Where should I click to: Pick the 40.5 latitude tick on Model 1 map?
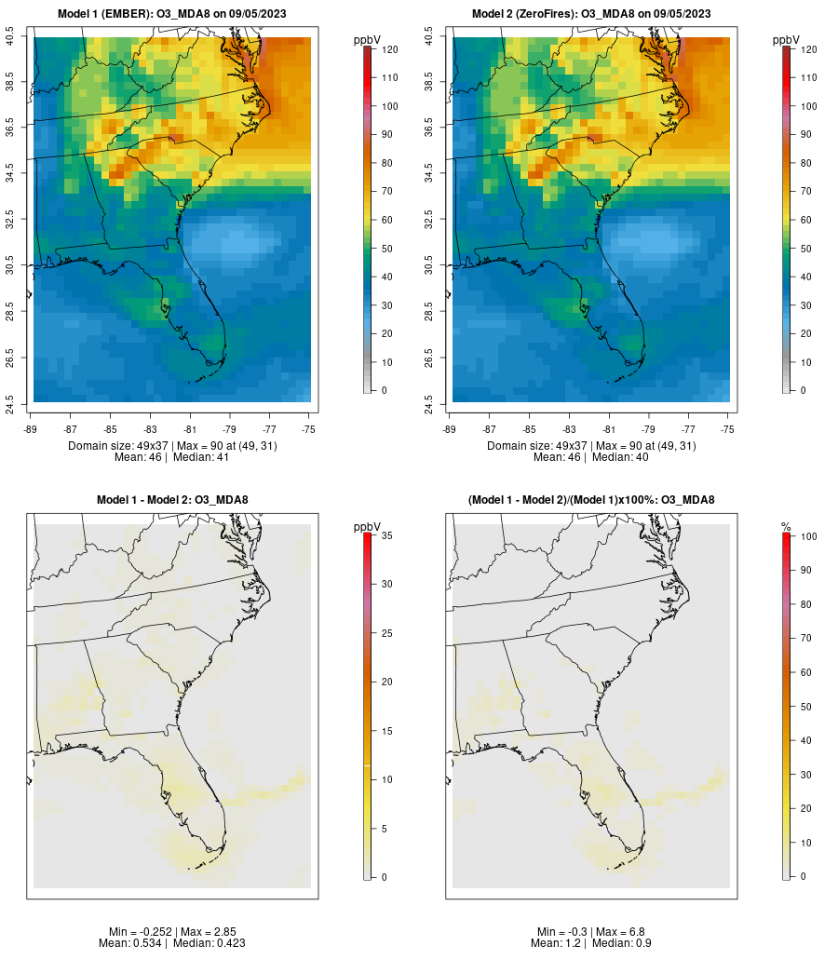point(10,37)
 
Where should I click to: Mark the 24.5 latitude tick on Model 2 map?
point(429,402)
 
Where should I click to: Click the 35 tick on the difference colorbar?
point(385,535)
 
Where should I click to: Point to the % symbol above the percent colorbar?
point(786,527)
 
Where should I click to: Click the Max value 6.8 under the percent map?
point(619,932)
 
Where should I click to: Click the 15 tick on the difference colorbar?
point(385,731)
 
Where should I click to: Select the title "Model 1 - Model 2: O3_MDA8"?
point(172,500)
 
